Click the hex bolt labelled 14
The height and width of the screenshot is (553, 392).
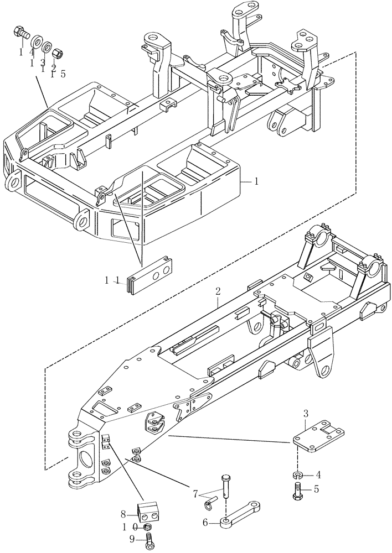(22, 33)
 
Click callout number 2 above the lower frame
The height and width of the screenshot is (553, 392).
(218, 291)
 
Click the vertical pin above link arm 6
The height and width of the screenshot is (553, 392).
(226, 486)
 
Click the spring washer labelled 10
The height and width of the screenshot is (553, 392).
(148, 529)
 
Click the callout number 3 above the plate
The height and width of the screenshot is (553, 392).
(305, 413)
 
